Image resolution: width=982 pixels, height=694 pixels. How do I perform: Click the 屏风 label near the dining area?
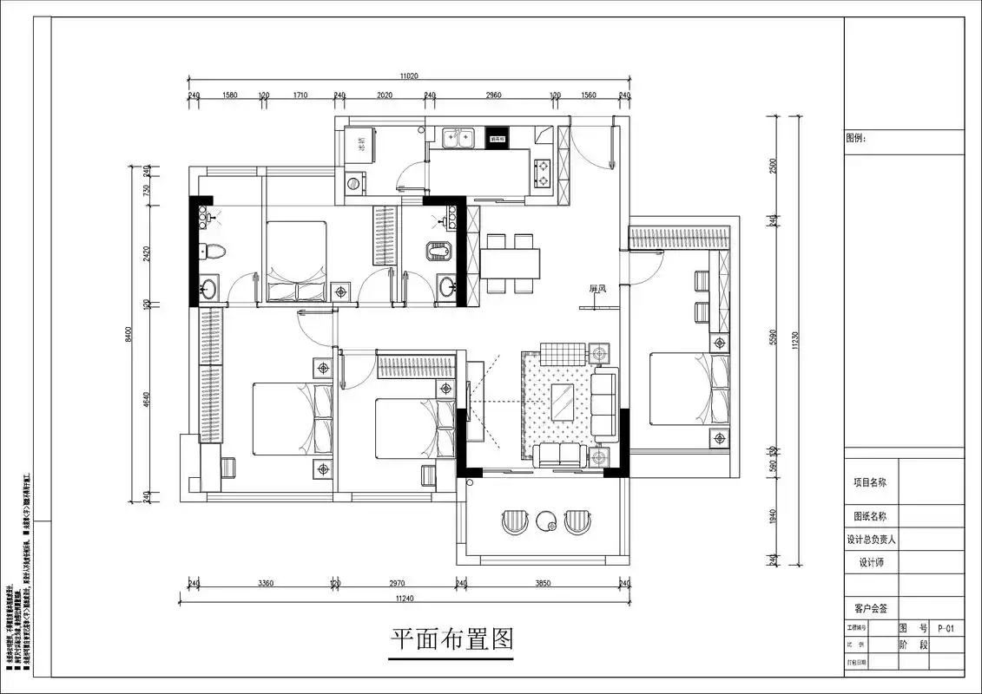[x=596, y=289]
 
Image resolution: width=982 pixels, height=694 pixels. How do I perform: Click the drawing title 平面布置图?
[x=451, y=640]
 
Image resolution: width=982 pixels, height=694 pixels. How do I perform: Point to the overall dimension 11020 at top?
[x=409, y=76]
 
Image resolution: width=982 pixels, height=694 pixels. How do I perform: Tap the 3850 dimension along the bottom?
[x=542, y=584]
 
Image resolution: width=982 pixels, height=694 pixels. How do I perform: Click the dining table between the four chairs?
[x=511, y=261]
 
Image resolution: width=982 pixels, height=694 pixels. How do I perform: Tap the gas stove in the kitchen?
[x=544, y=172]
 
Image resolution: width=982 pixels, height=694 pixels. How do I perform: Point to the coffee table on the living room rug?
[x=562, y=401]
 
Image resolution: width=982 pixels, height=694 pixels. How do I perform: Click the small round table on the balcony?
[x=546, y=521]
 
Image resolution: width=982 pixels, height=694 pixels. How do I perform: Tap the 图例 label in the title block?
[x=856, y=138]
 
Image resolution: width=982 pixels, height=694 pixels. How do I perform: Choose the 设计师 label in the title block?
[x=870, y=562]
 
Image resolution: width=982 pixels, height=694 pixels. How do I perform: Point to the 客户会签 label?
[x=870, y=609]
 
